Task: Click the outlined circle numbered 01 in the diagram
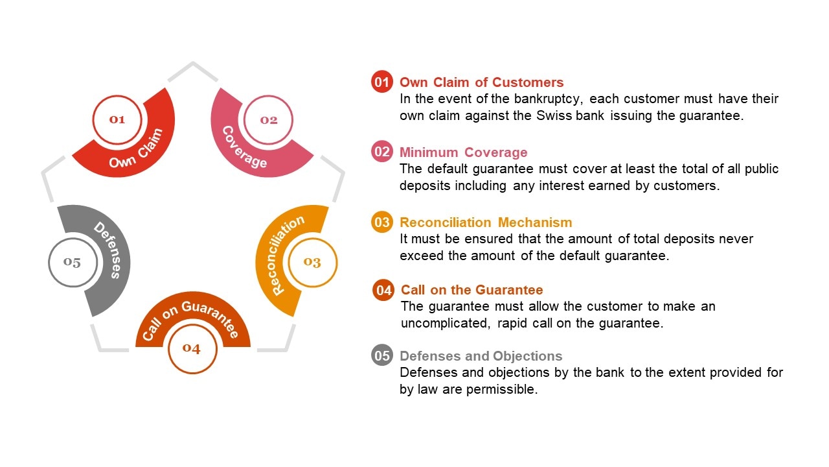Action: [117, 119]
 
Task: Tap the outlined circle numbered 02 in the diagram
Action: [268, 120]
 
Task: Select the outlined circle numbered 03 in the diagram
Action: [312, 262]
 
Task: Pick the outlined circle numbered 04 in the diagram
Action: [192, 349]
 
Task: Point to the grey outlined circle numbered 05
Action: [73, 263]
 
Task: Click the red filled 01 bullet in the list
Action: [382, 82]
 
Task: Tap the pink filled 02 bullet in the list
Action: [382, 152]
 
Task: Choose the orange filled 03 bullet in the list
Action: [382, 222]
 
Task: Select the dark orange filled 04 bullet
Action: [383, 290]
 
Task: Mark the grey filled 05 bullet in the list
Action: [382, 356]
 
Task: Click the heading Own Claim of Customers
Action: [481, 82]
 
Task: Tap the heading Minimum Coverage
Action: [463, 152]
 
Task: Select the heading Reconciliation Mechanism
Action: [486, 222]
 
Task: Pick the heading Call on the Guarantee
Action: [471, 290]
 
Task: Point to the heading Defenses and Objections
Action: [481, 356]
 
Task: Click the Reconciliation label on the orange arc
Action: [279, 256]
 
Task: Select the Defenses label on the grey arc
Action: [107, 250]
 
